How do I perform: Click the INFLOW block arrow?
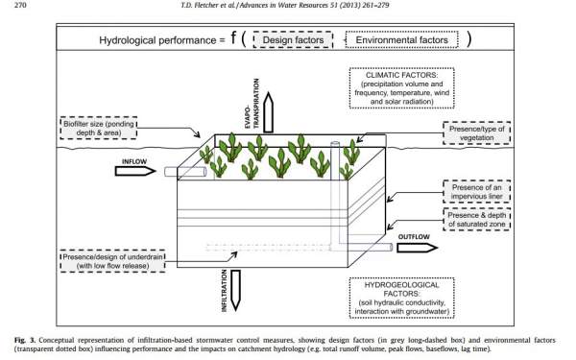pos(134,171)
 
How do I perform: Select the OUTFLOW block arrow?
pos(418,248)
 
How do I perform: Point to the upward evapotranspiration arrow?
pos(269,112)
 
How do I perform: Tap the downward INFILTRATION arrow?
pos(235,291)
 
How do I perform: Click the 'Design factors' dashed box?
pos(293,39)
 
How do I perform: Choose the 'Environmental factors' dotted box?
pos(401,39)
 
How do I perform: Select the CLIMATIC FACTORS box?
pos(401,88)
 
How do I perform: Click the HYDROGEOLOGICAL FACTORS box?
pos(401,298)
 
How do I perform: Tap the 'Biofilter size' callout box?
pos(99,128)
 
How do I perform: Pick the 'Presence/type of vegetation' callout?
pos(477,133)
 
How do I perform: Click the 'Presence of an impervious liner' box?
pos(477,191)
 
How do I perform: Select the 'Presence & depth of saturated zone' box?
pos(477,219)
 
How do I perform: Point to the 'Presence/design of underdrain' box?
pos(112,261)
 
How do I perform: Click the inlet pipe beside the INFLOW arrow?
pos(185,172)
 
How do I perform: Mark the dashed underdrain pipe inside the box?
pos(268,248)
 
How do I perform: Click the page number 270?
pos(20,5)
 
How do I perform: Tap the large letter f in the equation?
pos(233,37)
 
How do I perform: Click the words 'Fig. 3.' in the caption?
pos(25,340)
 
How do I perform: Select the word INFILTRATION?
pos(224,291)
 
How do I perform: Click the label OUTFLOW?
pos(414,237)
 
